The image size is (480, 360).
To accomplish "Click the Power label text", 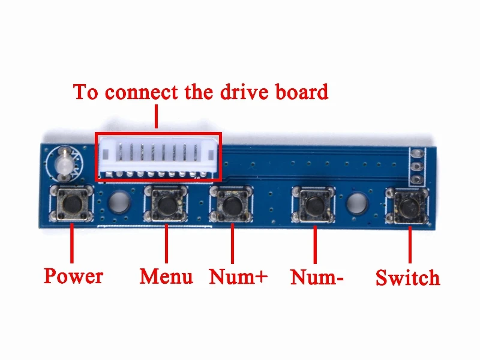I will click(73, 276).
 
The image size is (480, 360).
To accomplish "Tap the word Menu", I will click(166, 277).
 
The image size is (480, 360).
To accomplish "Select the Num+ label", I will click(238, 277).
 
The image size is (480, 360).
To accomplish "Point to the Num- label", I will click(317, 278).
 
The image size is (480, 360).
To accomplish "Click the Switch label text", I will click(407, 278).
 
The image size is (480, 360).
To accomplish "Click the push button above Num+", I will click(232, 203).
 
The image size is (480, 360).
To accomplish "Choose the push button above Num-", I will click(313, 205).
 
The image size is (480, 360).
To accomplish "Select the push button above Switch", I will click(408, 206).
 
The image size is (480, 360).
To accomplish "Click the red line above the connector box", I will click(156, 116).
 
